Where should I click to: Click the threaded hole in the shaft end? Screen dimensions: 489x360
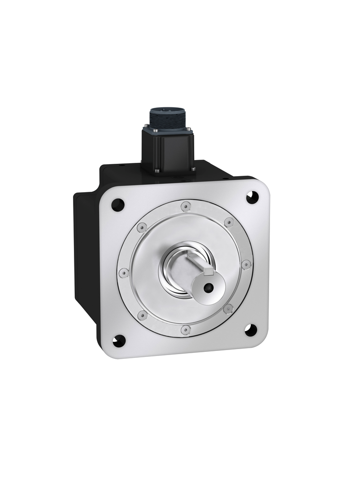tap(208, 288)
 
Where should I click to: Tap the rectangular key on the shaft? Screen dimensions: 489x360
tap(208, 271)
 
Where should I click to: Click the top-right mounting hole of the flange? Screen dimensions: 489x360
tap(252, 198)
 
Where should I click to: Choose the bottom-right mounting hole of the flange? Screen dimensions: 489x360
tap(250, 330)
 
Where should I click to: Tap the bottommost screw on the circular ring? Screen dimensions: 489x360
tap(185, 329)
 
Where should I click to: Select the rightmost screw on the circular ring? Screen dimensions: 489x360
tap(246, 264)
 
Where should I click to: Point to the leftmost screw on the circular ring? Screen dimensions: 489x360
tap(123, 273)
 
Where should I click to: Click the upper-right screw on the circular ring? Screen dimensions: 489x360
tap(229, 222)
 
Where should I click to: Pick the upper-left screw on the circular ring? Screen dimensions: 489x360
tap(141, 227)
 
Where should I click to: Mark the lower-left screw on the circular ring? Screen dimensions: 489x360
tap(143, 315)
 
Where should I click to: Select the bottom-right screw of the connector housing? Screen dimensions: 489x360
tap(193, 169)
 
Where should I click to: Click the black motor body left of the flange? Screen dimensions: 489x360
tap(85, 257)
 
